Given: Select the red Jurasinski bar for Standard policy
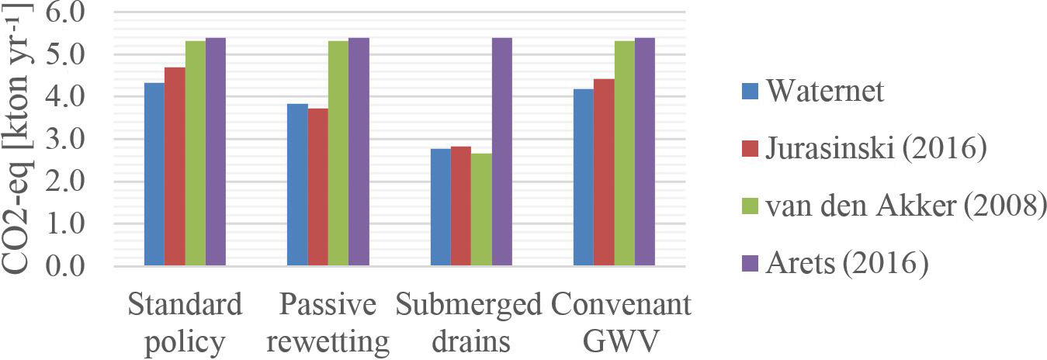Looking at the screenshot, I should pyautogui.click(x=175, y=167).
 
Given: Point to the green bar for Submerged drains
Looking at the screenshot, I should pyautogui.click(x=481, y=209).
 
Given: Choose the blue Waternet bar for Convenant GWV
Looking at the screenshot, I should pyautogui.click(x=583, y=178).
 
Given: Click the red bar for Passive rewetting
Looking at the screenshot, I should pyautogui.click(x=317, y=187).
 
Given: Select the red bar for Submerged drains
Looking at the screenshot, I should pyautogui.click(x=461, y=206).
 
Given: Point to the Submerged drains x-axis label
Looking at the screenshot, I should pyautogui.click(x=468, y=322).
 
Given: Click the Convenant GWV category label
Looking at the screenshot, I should pyautogui.click(x=621, y=322).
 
